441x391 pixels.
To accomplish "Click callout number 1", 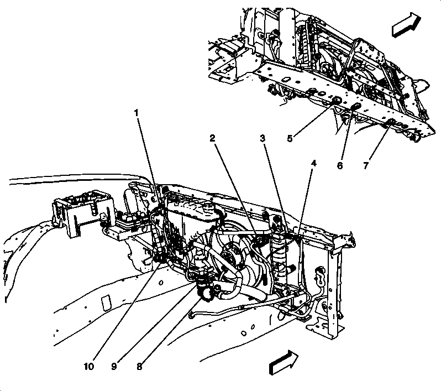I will (136, 113).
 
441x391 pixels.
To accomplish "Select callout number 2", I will (212, 138).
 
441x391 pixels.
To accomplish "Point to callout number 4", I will (314, 164).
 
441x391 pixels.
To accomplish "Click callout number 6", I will (339, 165).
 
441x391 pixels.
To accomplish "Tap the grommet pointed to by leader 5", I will (335, 101).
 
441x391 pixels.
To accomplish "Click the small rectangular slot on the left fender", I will (106, 302).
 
